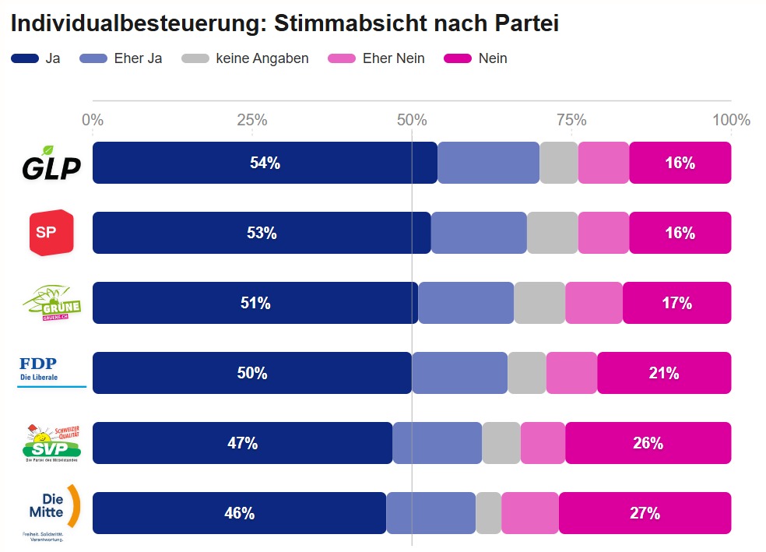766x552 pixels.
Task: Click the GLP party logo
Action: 51,163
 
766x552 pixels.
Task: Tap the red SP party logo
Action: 51,232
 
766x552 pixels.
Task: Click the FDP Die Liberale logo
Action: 50,371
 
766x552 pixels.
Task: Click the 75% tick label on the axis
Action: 571,120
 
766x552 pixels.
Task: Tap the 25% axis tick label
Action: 252,120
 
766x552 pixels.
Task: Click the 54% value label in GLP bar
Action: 265,163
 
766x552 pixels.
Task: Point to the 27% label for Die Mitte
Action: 645,513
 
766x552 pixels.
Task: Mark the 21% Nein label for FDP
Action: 664,373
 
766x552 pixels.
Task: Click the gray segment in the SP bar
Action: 553,233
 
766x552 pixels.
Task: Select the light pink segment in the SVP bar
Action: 543,443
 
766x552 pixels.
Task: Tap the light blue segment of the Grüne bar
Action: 466,303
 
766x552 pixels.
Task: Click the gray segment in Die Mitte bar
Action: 488,513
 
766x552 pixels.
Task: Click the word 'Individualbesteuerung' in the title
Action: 129,23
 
